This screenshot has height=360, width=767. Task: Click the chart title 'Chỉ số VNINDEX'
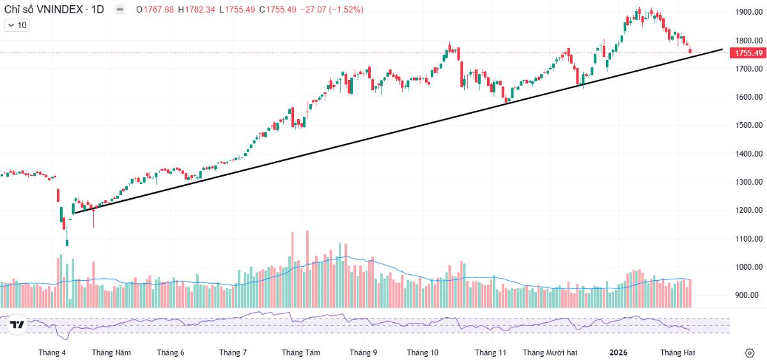click(x=43, y=10)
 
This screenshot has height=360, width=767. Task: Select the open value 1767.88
click(x=159, y=10)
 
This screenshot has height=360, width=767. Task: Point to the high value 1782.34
click(x=200, y=10)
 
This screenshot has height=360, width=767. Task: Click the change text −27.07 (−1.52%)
click(x=332, y=10)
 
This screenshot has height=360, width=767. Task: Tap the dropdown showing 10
click(x=17, y=26)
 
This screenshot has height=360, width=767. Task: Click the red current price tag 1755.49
click(x=748, y=53)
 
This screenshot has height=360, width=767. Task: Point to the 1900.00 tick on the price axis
click(x=749, y=12)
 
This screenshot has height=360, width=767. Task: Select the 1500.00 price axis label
click(x=749, y=125)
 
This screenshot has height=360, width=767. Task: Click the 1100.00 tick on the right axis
click(x=749, y=239)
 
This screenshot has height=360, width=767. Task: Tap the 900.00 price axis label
click(x=751, y=295)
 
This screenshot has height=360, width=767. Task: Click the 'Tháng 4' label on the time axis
click(x=52, y=352)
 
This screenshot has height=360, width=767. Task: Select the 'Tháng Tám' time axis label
click(x=301, y=352)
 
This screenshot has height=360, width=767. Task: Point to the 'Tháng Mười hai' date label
click(x=550, y=352)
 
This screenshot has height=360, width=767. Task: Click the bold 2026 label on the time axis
click(x=619, y=352)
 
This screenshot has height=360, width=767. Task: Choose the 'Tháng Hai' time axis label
click(x=678, y=352)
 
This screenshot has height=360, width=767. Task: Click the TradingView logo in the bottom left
click(x=17, y=324)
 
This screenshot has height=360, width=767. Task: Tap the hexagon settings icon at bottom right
click(x=750, y=353)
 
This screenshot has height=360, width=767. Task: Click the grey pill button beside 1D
click(x=120, y=10)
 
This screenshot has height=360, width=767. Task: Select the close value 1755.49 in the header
click(x=281, y=10)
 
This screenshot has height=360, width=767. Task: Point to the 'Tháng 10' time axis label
click(x=422, y=352)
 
